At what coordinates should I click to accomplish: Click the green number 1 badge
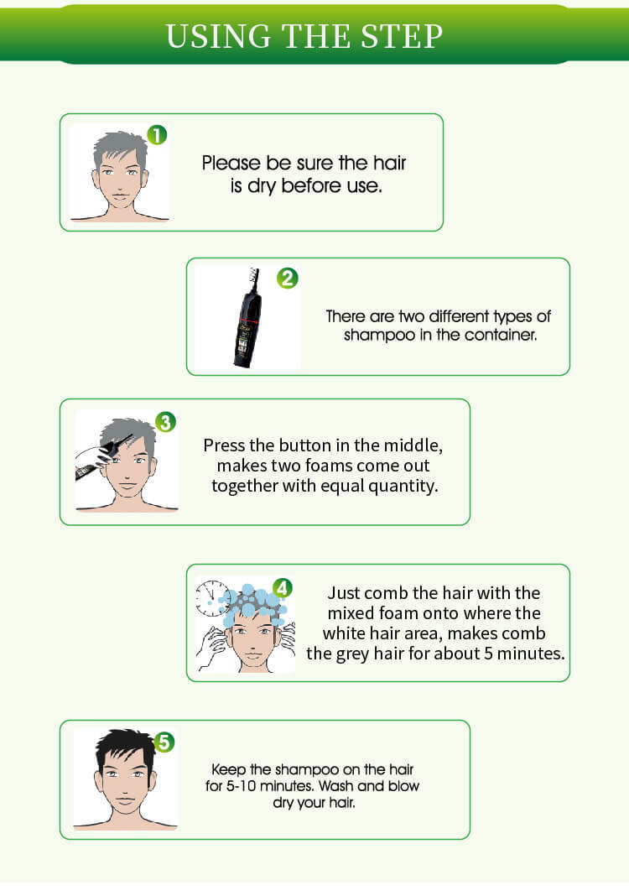[x=157, y=134]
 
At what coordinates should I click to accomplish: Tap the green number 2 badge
[x=288, y=278]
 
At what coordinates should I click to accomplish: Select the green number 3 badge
[x=166, y=422]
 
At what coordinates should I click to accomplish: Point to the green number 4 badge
[x=283, y=587]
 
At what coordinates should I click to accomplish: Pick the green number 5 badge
[x=165, y=742]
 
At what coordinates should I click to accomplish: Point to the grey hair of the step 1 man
[x=120, y=148]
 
